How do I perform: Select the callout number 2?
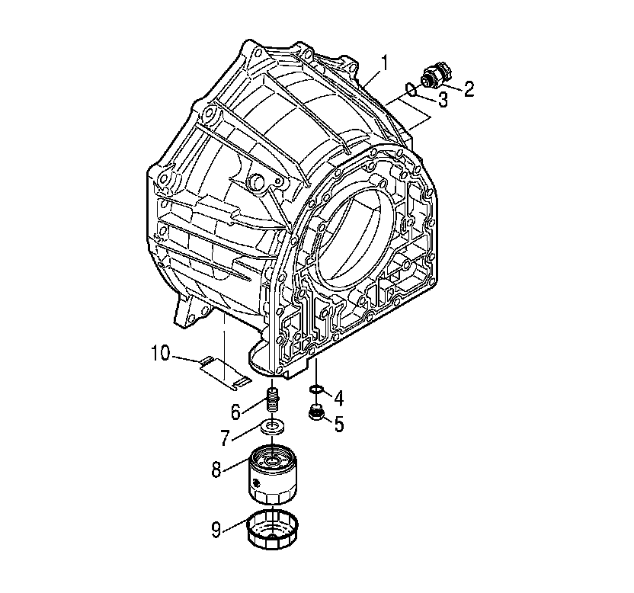(x=468, y=90)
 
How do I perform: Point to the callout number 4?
(x=339, y=398)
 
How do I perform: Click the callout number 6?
(x=235, y=412)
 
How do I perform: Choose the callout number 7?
(x=226, y=438)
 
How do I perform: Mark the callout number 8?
(x=217, y=469)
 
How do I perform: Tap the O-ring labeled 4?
(x=315, y=393)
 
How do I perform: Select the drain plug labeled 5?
(x=315, y=414)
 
